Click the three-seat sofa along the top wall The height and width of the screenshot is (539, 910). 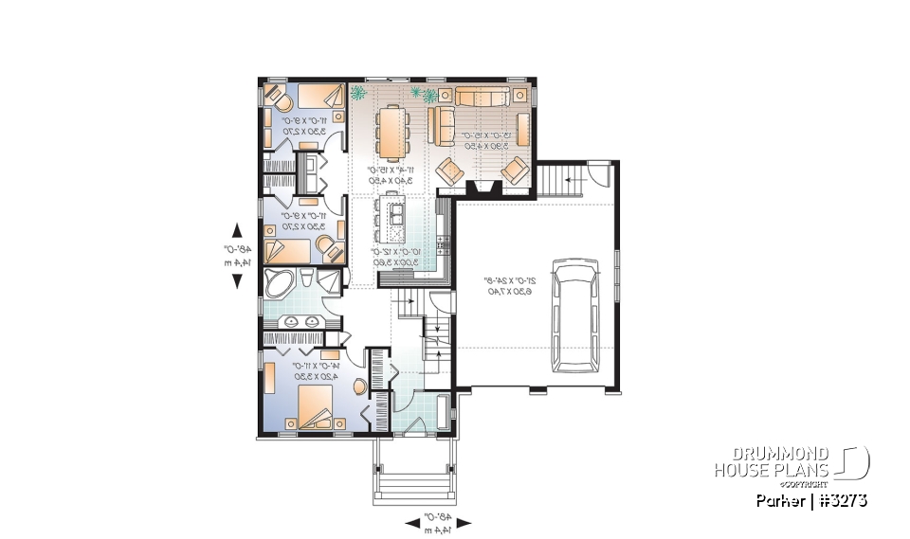(x=483, y=96)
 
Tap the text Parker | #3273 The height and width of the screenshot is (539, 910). (x=810, y=500)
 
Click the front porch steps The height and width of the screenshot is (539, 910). (x=413, y=482)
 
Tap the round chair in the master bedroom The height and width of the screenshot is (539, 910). (x=358, y=387)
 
